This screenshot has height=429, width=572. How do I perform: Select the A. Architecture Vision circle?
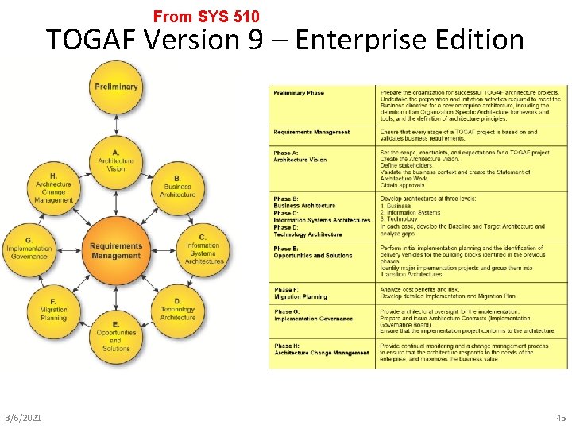click(x=116, y=161)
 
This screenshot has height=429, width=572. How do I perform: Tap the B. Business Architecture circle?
click(x=177, y=187)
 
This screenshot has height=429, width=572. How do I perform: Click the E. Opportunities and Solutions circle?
click(x=116, y=336)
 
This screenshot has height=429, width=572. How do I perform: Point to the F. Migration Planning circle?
click(x=53, y=311)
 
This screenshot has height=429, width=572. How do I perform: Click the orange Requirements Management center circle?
click(x=116, y=250)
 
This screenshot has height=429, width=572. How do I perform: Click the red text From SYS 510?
click(x=206, y=16)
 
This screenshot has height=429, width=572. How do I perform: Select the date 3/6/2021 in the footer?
click(x=23, y=418)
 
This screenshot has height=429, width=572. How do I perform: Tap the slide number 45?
click(x=562, y=418)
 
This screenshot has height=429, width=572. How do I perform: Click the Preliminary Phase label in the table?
click(x=299, y=93)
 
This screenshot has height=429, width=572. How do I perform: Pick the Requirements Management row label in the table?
click(x=311, y=132)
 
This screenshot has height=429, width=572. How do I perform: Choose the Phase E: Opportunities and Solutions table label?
click(x=312, y=252)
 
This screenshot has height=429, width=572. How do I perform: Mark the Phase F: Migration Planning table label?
click(x=300, y=293)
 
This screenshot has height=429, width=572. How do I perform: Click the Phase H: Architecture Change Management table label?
click(x=321, y=350)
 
